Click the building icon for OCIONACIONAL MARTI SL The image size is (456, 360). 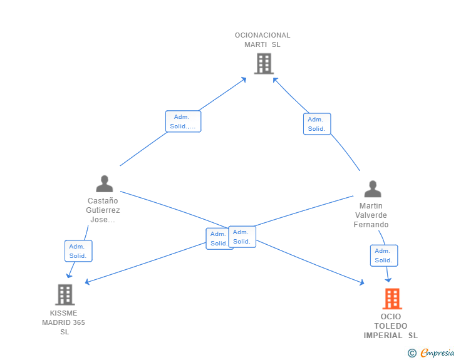point(264,63)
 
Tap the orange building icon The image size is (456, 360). point(392,299)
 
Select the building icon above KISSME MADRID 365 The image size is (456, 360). point(65,294)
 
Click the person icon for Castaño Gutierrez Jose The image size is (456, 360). point(105,184)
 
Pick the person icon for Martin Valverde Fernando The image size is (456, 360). point(373,189)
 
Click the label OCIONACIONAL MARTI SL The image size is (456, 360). point(262,40)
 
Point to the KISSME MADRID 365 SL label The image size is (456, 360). point(63,322)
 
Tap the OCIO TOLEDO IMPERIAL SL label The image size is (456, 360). point(391,326)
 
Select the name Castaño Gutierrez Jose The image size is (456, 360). point(103,210)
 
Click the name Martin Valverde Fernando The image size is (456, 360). point(371,215)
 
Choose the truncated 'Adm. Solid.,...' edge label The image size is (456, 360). point(183,121)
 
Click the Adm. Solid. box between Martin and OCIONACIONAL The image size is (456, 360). point(317,124)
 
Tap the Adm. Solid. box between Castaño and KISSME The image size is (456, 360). point(78,251)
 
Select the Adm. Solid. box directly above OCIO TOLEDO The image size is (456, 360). point(384,255)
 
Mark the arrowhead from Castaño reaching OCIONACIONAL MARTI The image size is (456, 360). point(244,80)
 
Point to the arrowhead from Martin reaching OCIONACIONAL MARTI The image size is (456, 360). point(275,80)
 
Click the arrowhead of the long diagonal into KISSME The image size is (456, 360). point(87,282)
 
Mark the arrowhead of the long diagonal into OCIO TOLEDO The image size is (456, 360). point(362,282)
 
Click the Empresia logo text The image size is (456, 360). point(437,352)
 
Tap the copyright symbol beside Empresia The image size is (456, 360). point(412,353)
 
